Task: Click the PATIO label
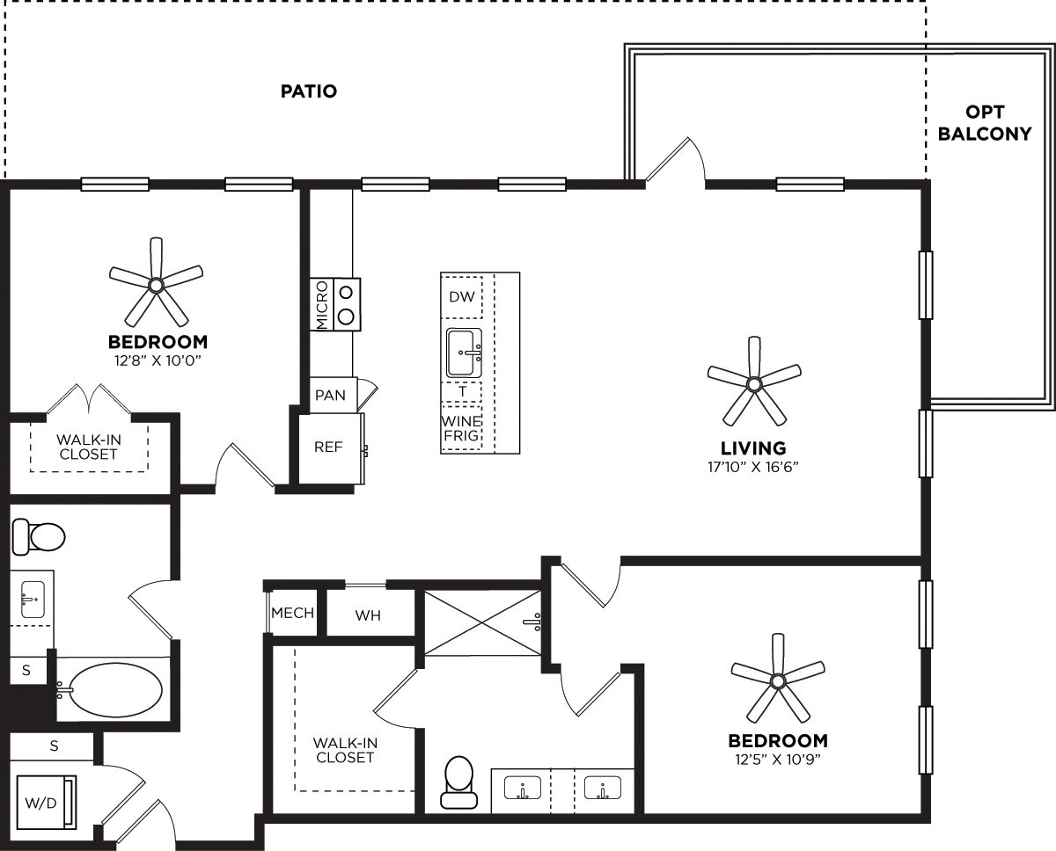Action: (309, 91)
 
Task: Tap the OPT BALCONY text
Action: (985, 123)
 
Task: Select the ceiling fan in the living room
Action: (753, 383)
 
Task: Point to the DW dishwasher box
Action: (462, 297)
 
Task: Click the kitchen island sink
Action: (464, 351)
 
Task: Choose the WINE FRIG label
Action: (462, 428)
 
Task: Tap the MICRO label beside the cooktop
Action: (321, 304)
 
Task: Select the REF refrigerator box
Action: (329, 447)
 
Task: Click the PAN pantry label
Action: (331, 396)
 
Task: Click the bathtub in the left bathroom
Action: (115, 688)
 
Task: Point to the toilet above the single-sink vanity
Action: (39, 535)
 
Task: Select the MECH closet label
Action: (293, 613)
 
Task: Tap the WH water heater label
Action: (368, 615)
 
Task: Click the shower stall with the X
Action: (483, 622)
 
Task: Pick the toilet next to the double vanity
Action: (458, 782)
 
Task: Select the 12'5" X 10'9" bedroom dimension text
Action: (777, 758)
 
